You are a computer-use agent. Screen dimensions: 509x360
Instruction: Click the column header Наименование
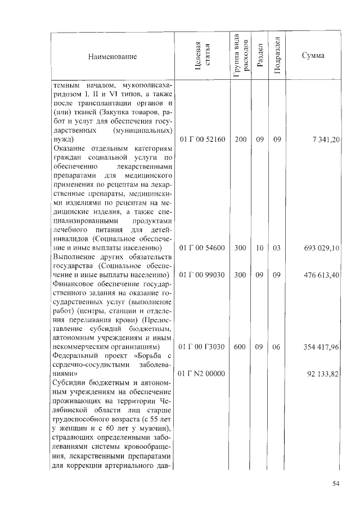coord(112,56)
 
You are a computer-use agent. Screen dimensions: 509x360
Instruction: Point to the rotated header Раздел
coord(259,56)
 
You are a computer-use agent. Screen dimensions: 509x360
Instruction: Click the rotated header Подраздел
coord(277,56)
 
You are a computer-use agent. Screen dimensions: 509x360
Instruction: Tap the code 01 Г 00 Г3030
coord(202,348)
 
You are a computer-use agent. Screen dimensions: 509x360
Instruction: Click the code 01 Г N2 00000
coord(202,373)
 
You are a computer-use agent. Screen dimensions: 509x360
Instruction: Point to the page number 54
coord(336,483)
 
